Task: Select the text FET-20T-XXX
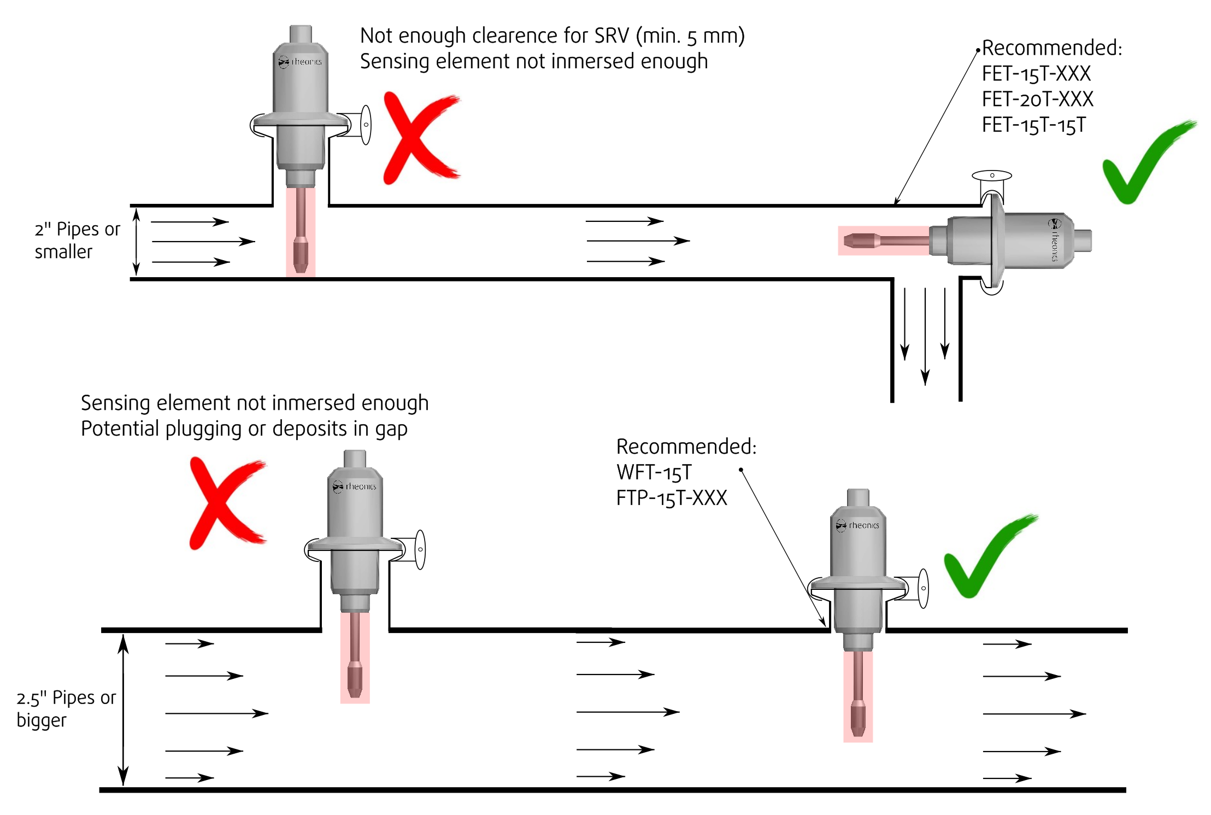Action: click(1037, 99)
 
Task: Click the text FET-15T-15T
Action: click(1033, 125)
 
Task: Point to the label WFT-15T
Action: click(654, 472)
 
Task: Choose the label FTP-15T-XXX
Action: click(672, 498)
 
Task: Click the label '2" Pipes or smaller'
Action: click(77, 241)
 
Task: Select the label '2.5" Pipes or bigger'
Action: click(66, 709)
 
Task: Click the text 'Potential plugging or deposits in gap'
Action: click(244, 429)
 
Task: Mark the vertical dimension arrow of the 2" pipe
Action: click(137, 242)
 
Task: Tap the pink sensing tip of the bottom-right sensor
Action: click(858, 719)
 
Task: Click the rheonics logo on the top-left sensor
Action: click(300, 62)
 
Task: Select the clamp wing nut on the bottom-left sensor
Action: click(420, 549)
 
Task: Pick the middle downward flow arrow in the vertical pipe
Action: click(925, 336)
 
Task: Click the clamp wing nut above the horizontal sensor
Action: click(992, 176)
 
